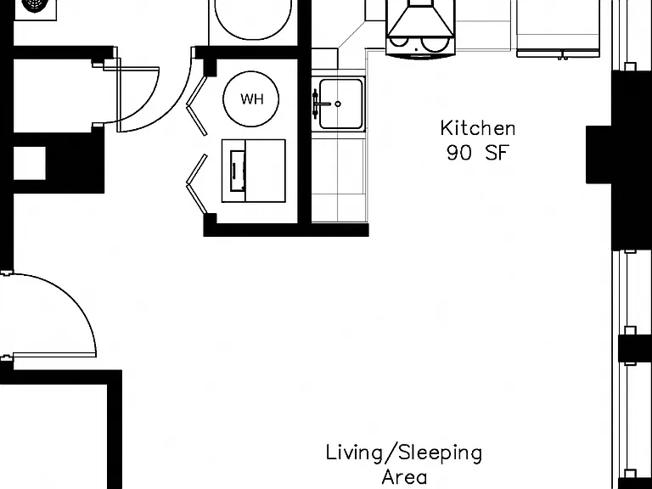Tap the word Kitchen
pyautogui.click(x=478, y=128)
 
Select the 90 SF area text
pyautogui.click(x=478, y=153)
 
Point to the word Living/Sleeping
pyautogui.click(x=404, y=453)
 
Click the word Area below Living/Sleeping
pyautogui.click(x=404, y=477)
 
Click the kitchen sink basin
pyautogui.click(x=341, y=104)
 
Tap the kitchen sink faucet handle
pyautogui.click(x=316, y=103)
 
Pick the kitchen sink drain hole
pyautogui.click(x=338, y=104)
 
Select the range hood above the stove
pyautogui.click(x=420, y=19)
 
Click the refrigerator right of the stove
pyautogui.click(x=558, y=27)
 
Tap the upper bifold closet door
pyautogui.click(x=196, y=105)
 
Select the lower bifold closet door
pyautogui.click(x=196, y=183)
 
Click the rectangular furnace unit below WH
pyautogui.click(x=253, y=171)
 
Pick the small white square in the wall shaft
pyautogui.click(x=30, y=163)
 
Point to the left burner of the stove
pyautogui.click(x=399, y=41)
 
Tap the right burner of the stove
pyautogui.click(x=434, y=42)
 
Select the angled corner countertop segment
pyautogui.click(x=351, y=35)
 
